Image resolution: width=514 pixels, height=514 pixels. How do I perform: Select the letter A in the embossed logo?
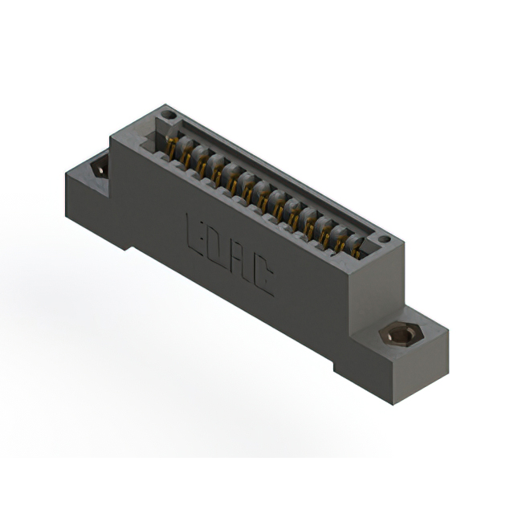[x=239, y=259]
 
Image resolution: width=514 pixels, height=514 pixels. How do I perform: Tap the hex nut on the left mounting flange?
[x=100, y=167]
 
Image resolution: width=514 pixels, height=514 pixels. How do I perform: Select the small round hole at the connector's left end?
[x=169, y=116]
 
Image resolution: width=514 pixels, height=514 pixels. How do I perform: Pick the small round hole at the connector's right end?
[x=384, y=239]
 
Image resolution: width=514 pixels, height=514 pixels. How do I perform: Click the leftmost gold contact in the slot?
[x=171, y=146]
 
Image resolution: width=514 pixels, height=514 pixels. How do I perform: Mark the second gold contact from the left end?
[x=186, y=157]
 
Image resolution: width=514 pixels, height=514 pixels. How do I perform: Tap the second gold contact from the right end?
[x=341, y=240]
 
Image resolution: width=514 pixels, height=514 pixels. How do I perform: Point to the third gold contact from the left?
[x=202, y=165]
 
